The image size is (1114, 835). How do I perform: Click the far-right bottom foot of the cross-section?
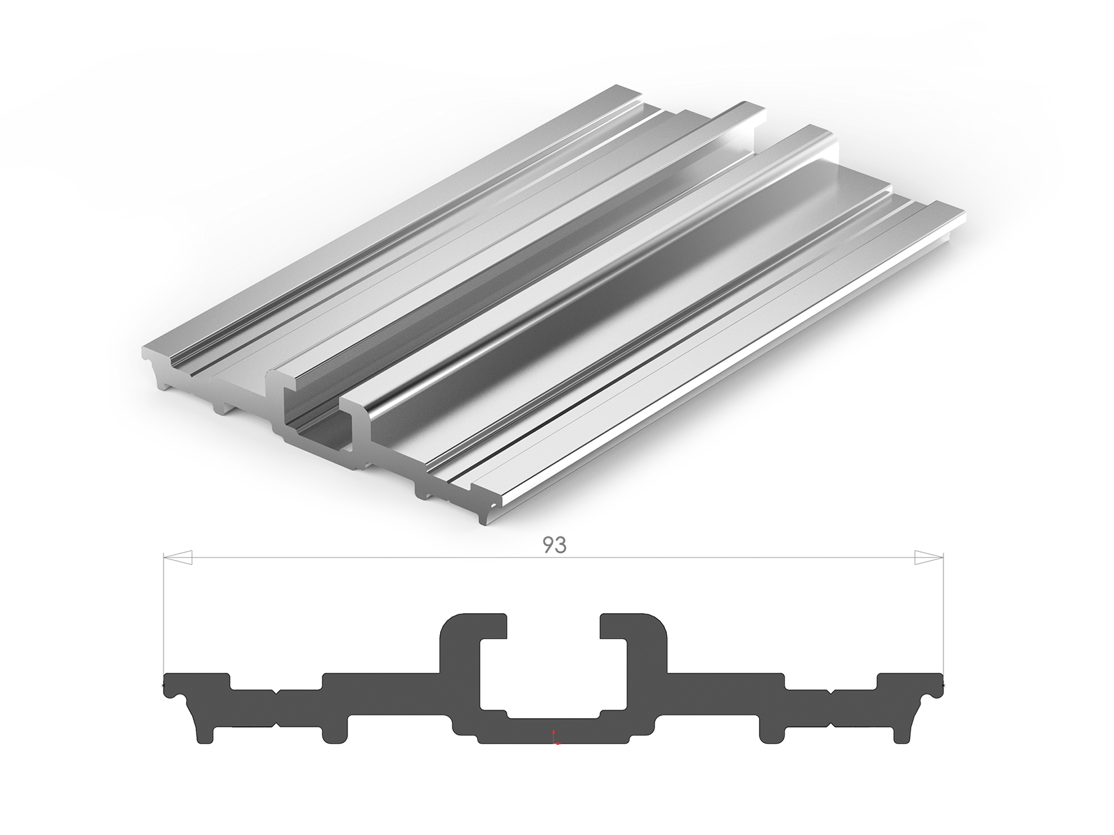click(x=903, y=731)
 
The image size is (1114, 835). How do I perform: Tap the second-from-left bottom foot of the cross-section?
click(x=334, y=731)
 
